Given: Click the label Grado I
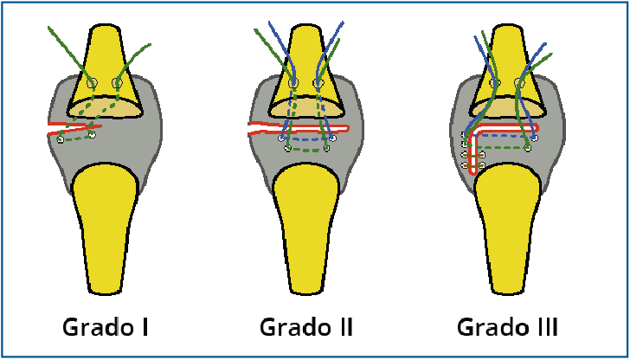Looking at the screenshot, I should [106, 328].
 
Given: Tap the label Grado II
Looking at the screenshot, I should [305, 328].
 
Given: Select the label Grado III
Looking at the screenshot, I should [509, 328].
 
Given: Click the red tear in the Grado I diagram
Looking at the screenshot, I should [74, 130].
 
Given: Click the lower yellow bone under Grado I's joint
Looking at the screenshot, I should [105, 225].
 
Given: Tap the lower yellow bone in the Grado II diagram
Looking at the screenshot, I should [305, 225].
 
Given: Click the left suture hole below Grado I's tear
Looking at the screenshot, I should [60, 139].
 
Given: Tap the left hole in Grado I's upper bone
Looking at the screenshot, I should [92, 83].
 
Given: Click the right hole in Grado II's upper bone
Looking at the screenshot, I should [319, 83].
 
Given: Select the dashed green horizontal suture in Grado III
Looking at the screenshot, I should [506, 148].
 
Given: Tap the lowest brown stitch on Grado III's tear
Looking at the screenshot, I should [465, 164].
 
